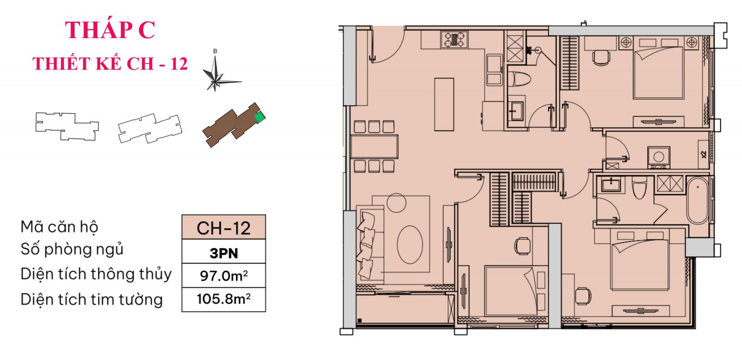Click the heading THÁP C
[110, 30]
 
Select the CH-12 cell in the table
[224, 228]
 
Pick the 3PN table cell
[224, 253]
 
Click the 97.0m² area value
[224, 276]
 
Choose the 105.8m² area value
[224, 299]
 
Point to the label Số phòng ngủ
[72, 250]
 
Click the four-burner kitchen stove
[454, 39]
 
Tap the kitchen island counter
[444, 104]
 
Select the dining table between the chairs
[374, 146]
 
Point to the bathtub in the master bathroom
[697, 200]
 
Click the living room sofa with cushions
[370, 244]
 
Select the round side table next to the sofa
[397, 202]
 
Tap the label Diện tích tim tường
[91, 300]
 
